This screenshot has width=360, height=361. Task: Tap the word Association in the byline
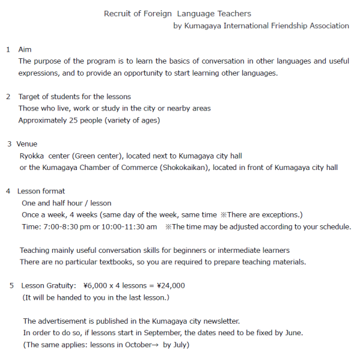[328, 26]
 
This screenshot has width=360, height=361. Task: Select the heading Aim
[25, 49]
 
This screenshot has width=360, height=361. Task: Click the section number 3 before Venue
[10, 144]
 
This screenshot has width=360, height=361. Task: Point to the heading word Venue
[27, 144]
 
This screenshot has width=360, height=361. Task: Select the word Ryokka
[32, 156]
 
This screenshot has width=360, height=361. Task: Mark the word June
[294, 333]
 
